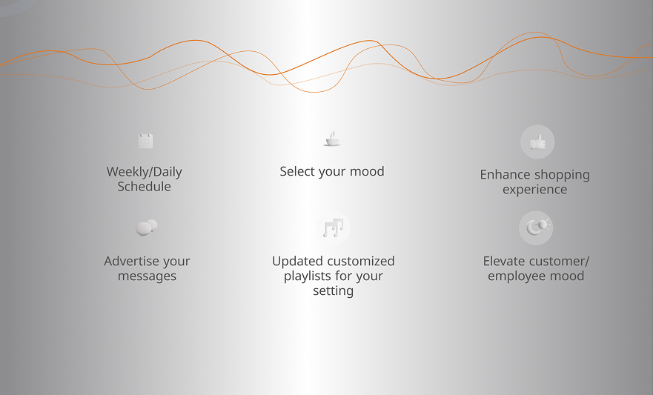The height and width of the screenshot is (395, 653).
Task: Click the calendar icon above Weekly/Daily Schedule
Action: [146, 141]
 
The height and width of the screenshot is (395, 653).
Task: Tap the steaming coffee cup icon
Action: [332, 139]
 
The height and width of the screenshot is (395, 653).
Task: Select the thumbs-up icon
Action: [537, 142]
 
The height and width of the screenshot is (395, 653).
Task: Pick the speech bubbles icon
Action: [147, 228]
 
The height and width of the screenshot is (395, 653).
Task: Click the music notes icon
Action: [333, 228]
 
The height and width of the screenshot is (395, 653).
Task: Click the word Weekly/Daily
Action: [144, 172]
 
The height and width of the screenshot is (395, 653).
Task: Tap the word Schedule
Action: [144, 187]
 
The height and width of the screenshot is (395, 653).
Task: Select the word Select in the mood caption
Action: [297, 171]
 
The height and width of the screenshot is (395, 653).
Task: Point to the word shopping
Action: [563, 175]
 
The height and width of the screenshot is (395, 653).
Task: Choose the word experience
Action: [534, 190]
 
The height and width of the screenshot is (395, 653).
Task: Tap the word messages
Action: [147, 276]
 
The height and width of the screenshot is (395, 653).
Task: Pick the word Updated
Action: [294, 261]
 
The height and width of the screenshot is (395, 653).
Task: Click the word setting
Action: [333, 291]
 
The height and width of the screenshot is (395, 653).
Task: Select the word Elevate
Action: [502, 261]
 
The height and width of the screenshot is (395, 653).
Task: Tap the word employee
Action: [516, 276]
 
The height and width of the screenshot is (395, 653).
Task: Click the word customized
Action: [357, 261]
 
